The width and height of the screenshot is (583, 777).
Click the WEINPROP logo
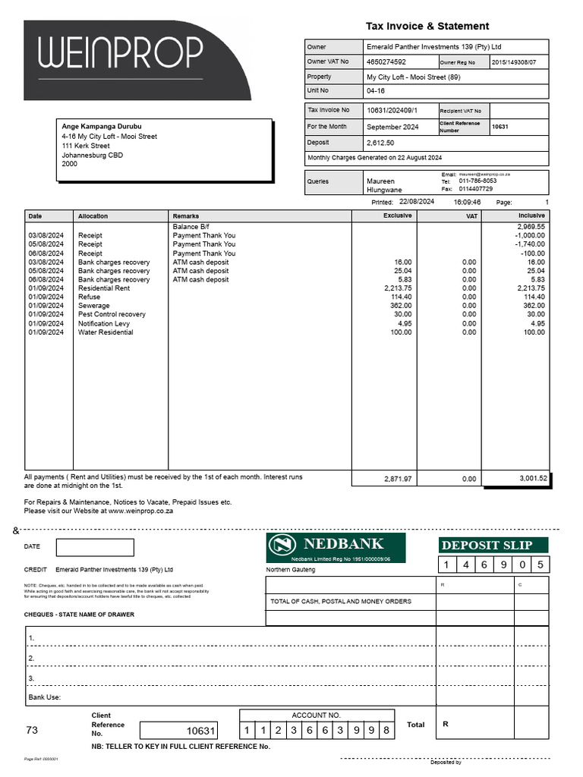pos(121,53)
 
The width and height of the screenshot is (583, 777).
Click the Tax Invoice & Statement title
pos(427,26)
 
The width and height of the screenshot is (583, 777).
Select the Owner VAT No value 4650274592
pos(386,62)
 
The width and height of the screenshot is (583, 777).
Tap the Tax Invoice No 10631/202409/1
pos(392,110)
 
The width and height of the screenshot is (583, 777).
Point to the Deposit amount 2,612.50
pos(380,143)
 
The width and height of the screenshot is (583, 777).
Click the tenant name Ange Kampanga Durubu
pos(102,127)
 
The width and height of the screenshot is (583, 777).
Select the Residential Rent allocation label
pos(104,288)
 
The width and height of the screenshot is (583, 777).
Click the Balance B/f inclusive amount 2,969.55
pos(531,227)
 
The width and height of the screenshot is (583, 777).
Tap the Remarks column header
pos(186,216)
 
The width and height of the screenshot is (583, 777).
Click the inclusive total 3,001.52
pos(532,479)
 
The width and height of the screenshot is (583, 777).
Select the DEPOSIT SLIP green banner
pos(493,545)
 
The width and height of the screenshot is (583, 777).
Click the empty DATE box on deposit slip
pos(95,547)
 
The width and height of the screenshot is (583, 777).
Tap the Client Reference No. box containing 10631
pos(179,731)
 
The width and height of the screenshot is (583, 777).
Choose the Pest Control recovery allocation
pos(112,314)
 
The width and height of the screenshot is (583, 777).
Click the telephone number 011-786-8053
pos(478,181)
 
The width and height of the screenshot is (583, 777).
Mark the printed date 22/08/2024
pos(416,203)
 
